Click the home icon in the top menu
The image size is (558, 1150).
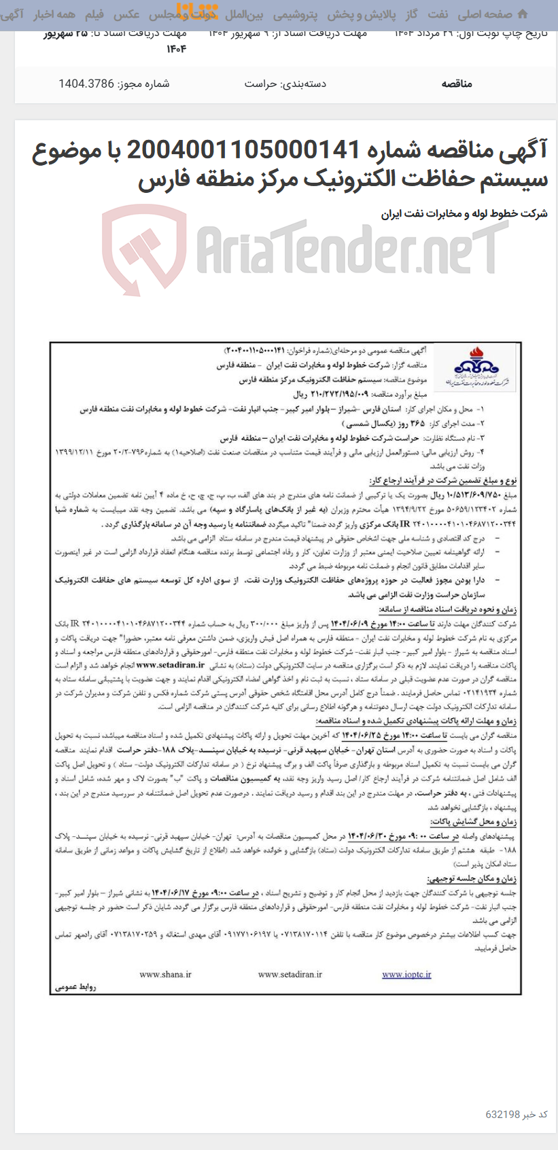coord(522,14)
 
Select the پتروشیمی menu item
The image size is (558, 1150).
coord(294,14)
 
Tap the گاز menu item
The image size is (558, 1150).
coord(411,14)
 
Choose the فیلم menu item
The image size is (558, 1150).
coord(94,14)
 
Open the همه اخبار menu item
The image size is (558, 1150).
coord(56,14)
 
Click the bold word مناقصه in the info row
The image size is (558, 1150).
coord(457,84)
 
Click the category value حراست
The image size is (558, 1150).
coord(260,84)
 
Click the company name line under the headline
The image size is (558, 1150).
coord(464,213)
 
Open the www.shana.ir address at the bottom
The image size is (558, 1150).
coord(165,974)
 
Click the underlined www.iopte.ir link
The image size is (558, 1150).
coord(406,974)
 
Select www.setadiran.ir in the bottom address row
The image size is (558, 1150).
coord(290,974)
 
